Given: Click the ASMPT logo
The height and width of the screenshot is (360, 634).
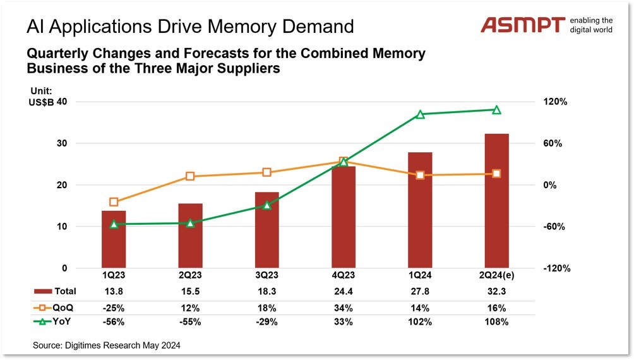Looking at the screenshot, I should click(523, 25).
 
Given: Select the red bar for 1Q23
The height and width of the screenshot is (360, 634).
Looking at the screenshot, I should click(114, 239).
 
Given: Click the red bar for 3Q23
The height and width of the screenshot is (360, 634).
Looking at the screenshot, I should click(266, 230).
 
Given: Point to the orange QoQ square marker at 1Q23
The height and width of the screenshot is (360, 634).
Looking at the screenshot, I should click(114, 202).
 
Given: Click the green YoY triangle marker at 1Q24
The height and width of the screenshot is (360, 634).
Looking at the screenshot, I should click(420, 114).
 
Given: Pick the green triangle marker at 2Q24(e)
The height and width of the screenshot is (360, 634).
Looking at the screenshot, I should click(496, 110).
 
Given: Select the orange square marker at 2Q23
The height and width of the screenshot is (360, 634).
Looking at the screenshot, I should click(190, 177).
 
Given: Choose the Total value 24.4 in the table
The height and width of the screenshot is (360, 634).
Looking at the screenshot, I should click(343, 291).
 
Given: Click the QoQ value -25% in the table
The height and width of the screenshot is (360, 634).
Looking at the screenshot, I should click(114, 308).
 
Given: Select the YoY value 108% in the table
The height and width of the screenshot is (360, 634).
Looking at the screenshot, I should click(496, 322).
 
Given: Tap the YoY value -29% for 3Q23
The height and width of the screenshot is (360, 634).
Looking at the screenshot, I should click(266, 322).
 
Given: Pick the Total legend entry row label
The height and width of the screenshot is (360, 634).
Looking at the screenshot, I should click(65, 291).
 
